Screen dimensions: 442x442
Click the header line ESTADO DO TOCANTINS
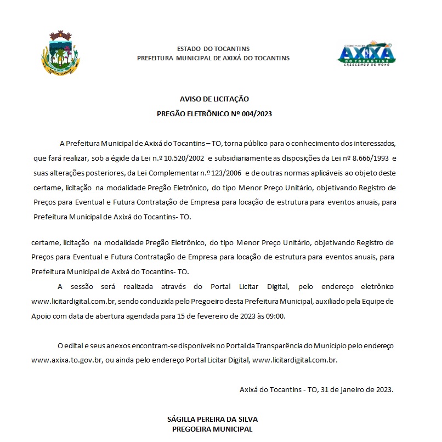tap(213, 49)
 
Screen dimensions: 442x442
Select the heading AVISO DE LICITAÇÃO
tap(214, 99)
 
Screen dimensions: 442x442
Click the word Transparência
tap(281, 346)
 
